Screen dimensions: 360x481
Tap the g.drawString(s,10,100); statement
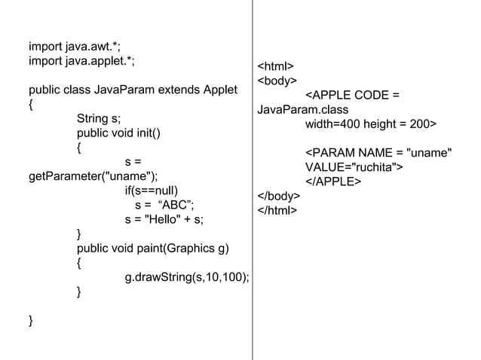187,277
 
